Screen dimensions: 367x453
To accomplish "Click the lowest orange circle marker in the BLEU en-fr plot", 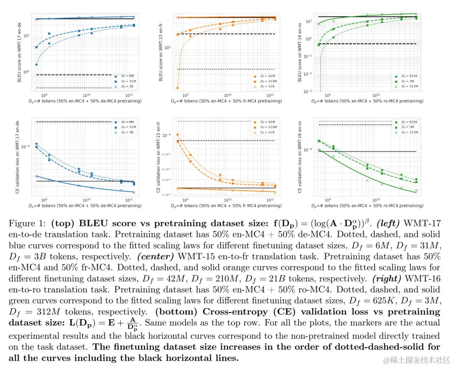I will click(x=178, y=88).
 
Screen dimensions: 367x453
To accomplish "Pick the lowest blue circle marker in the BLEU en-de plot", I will click(x=36, y=64).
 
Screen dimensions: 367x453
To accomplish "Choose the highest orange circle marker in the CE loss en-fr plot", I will click(x=178, y=135).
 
